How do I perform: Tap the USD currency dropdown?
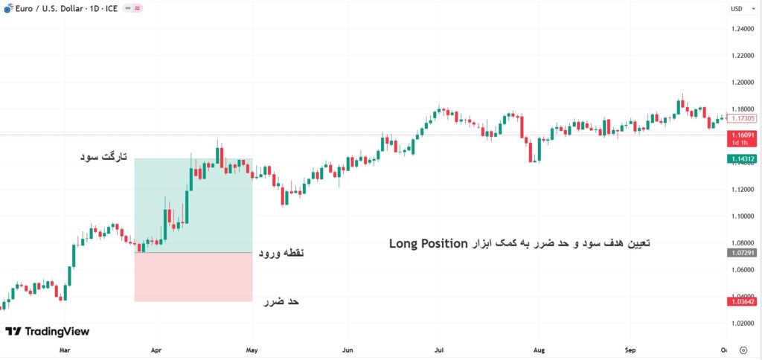[x=737, y=9]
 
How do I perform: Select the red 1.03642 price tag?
[x=741, y=301]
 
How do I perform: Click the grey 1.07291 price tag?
[x=741, y=253]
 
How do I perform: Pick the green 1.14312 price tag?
[x=741, y=158]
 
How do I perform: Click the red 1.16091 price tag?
[x=741, y=135]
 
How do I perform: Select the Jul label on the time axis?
[x=439, y=348]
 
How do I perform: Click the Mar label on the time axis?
[x=64, y=348]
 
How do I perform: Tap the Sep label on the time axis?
[x=630, y=348]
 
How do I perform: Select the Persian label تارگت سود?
[x=103, y=158]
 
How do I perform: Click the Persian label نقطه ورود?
[x=281, y=254]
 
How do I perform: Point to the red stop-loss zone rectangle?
[x=193, y=277]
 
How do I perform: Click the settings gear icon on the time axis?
[x=743, y=348]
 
